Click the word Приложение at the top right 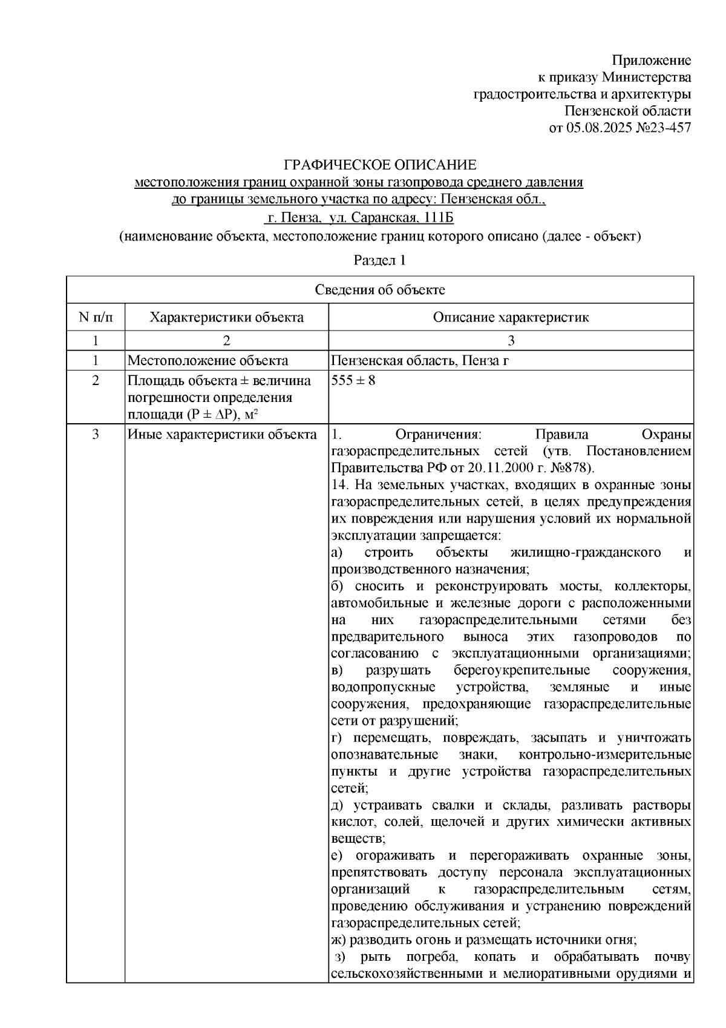(651, 61)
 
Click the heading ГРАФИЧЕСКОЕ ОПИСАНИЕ (381, 165)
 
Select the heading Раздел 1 (379, 260)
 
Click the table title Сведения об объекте (379, 290)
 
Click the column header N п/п (95, 317)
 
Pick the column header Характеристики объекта (226, 317)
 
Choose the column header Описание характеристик (511, 317)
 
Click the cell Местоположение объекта (208, 361)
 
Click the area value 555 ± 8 (353, 381)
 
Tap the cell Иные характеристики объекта (221, 435)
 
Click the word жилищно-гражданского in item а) (585, 553)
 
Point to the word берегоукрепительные (522, 671)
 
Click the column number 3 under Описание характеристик (511, 340)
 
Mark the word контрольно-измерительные (605, 755)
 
